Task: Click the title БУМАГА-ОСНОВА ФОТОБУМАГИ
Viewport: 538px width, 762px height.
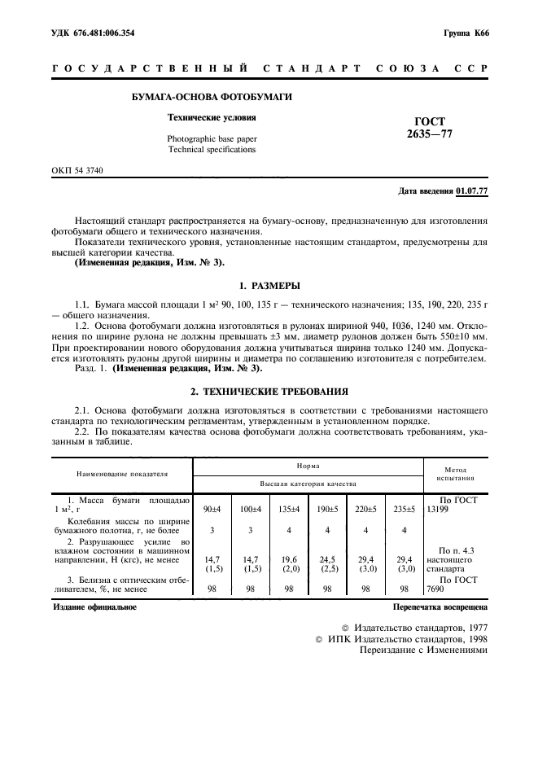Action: [x=212, y=97]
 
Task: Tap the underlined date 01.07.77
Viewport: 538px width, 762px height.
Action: [x=472, y=190]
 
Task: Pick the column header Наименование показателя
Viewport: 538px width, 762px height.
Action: [x=122, y=473]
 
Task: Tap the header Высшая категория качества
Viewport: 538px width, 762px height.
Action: [x=308, y=484]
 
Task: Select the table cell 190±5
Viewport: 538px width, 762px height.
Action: [x=326, y=509]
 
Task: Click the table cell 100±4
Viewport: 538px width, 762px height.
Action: [x=250, y=509]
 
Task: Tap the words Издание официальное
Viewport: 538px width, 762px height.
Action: [x=94, y=607]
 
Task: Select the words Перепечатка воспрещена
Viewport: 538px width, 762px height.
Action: [x=440, y=607]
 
